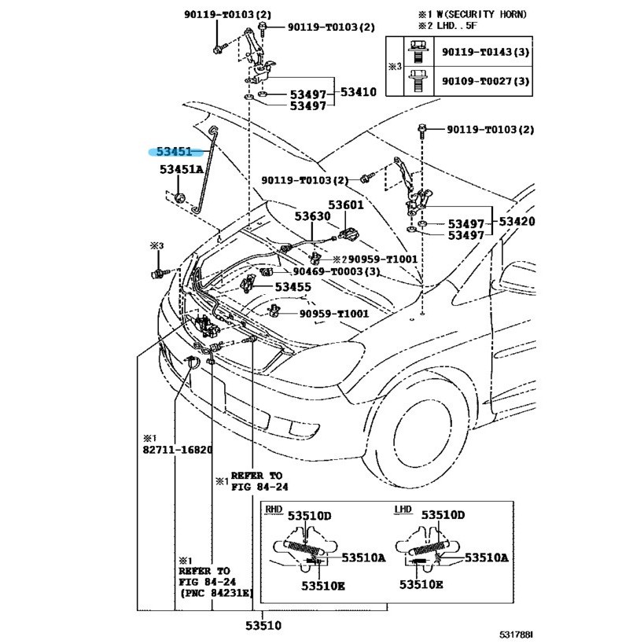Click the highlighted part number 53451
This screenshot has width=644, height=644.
tap(173, 152)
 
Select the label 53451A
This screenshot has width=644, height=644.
tap(181, 170)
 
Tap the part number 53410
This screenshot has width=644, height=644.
tap(358, 92)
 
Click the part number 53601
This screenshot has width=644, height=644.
tap(346, 205)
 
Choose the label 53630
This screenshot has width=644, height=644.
tap(313, 215)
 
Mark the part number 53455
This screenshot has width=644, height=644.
tap(293, 287)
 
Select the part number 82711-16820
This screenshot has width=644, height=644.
tap(178, 450)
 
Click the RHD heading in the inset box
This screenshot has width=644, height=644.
tap(274, 509)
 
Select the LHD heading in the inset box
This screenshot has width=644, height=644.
tap(402, 510)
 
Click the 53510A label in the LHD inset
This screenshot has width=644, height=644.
tap(486, 558)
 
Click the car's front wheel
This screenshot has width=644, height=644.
tap(430, 440)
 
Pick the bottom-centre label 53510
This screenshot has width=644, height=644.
tap(263, 626)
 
